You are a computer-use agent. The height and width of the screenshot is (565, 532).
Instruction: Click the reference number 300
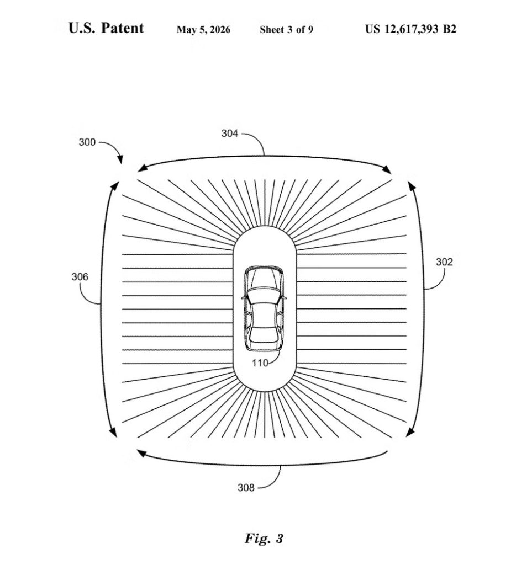[87, 142]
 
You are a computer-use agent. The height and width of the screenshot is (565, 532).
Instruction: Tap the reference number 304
[230, 134]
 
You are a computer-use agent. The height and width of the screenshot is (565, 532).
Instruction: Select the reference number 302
[444, 262]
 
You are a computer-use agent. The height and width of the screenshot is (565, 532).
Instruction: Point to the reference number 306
[80, 277]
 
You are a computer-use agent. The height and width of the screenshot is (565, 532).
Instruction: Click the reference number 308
[246, 488]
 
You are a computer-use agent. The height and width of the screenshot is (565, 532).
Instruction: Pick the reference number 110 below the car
[260, 363]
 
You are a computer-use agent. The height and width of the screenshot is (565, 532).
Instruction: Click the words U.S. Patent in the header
[106, 28]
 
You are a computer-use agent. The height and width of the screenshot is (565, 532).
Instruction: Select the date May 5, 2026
[203, 30]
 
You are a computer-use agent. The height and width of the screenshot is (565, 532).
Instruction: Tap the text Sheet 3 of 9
[286, 30]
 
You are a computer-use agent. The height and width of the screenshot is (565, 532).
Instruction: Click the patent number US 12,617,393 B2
[411, 29]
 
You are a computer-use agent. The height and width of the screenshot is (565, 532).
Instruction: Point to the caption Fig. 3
[264, 539]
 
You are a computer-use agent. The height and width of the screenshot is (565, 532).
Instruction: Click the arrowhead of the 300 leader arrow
[120, 159]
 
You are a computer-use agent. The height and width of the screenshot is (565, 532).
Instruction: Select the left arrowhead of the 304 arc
[143, 168]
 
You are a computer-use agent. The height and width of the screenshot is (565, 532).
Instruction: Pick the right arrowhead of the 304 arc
[387, 169]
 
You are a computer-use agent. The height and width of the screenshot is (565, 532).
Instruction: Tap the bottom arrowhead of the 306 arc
[113, 432]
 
